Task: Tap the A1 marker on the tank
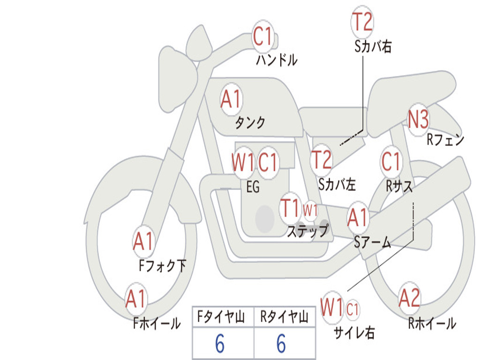231,99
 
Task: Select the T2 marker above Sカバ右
362,22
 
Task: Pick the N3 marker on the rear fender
418,120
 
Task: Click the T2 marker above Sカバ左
322,160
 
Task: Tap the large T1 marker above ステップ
290,208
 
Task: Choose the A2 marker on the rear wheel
409,299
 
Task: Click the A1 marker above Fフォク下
143,242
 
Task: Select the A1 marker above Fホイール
136,299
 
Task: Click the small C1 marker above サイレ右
352,309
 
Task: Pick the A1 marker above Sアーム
358,218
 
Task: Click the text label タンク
250,123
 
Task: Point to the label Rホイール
432,323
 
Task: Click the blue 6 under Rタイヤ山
281,344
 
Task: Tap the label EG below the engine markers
253,187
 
